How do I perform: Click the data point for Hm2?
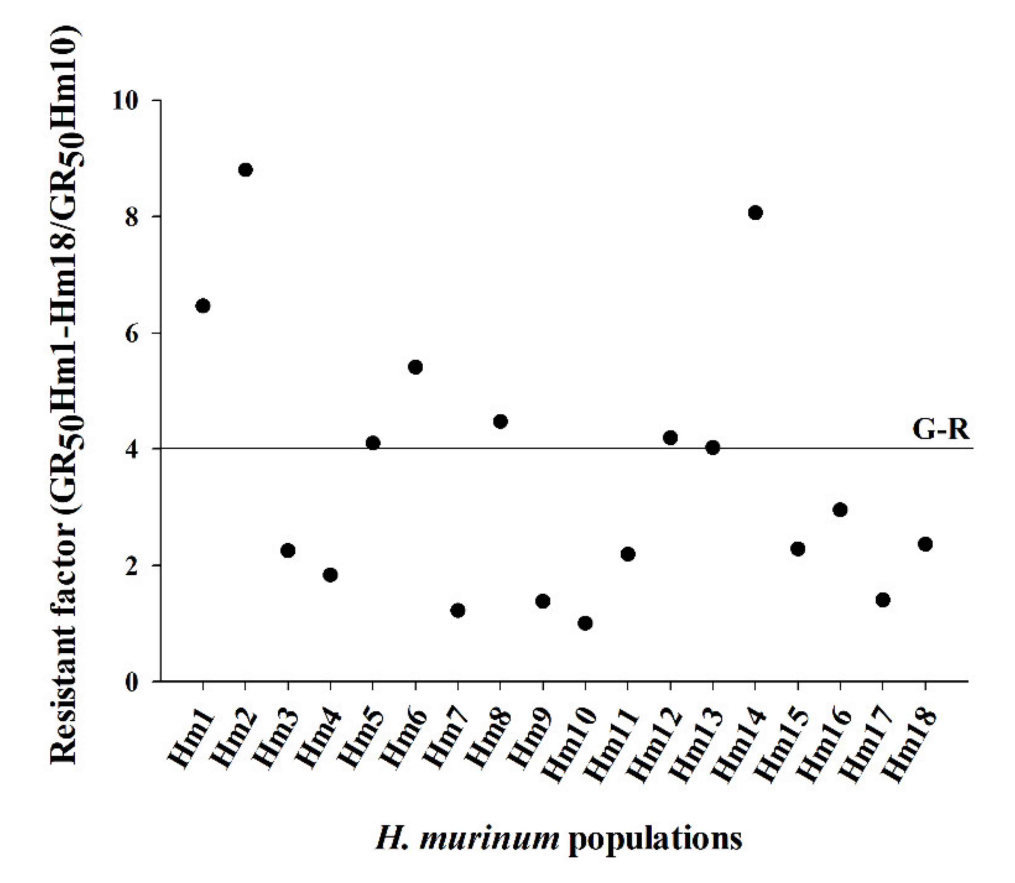click(x=245, y=170)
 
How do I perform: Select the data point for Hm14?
click(x=755, y=213)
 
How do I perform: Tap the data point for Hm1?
click(x=203, y=306)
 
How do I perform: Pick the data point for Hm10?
click(x=585, y=623)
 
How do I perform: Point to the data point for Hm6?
click(x=415, y=367)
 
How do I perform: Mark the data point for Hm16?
click(x=840, y=510)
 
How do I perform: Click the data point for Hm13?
click(x=712, y=448)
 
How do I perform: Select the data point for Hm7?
click(x=458, y=611)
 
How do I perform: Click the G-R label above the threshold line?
click(x=940, y=430)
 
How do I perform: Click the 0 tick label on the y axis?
click(x=132, y=683)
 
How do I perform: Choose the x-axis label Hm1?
click(x=192, y=739)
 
